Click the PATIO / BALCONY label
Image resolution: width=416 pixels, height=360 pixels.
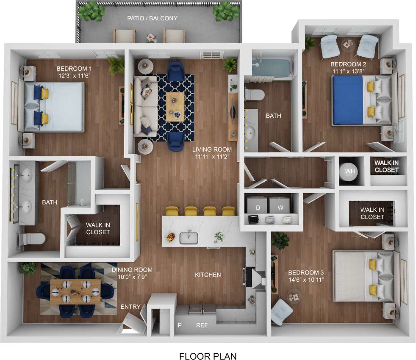[152, 18]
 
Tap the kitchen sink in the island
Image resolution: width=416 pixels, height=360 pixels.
[189, 238]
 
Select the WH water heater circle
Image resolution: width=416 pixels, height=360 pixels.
[350, 171]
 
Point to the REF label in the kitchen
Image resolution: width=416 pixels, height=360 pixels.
[202, 325]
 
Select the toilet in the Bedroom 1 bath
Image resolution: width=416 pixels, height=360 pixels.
[32, 240]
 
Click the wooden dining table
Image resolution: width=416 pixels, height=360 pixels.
[76, 291]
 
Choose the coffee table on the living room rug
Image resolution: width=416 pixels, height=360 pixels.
[175, 104]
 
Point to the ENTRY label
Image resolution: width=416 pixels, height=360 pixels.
[130, 307]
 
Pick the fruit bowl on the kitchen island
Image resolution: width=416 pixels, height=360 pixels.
[171, 236]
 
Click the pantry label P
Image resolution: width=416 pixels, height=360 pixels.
[180, 325]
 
